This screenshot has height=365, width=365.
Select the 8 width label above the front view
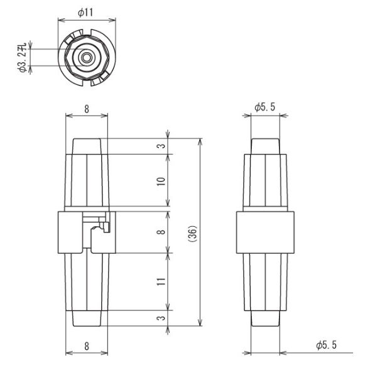pos(87,109)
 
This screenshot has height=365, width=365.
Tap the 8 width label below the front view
pos(87,344)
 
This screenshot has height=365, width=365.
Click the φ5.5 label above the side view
pos(264,108)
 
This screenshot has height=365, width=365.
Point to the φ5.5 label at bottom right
pos(327,345)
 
